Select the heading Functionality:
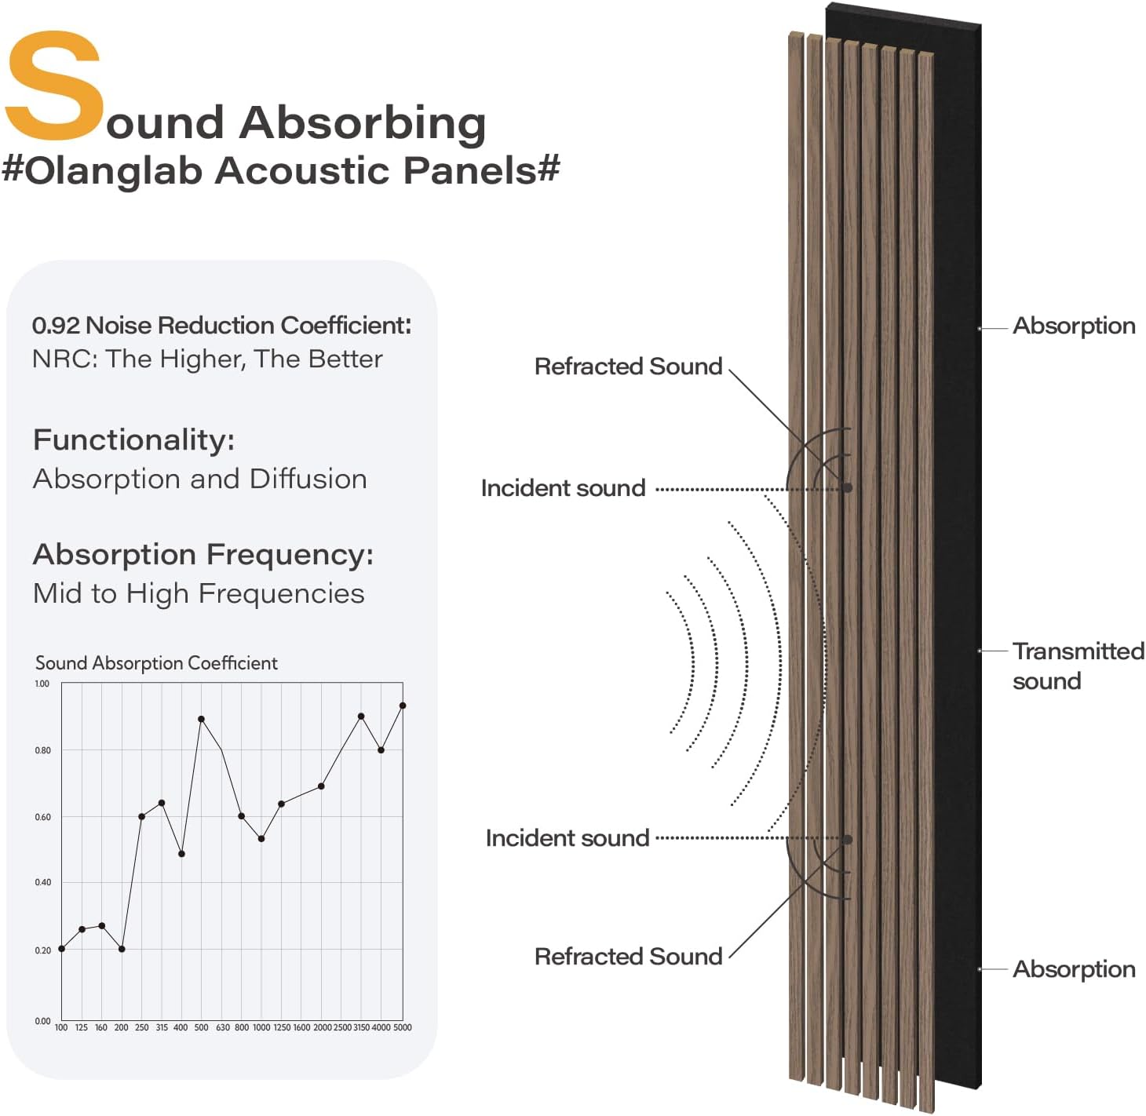[133, 439]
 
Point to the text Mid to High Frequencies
[199, 593]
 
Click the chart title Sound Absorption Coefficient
[156, 663]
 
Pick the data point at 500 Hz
[202, 719]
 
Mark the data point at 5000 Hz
[403, 706]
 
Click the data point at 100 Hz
[62, 949]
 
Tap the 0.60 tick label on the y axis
[42, 817]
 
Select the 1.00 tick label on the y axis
[42, 684]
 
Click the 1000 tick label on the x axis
[261, 1027]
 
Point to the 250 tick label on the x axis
[142, 1027]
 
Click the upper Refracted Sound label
[628, 367]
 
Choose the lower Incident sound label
[568, 838]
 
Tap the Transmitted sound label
[1077, 666]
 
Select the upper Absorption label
[1074, 326]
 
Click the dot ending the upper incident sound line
[848, 488]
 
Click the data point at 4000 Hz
[381, 749]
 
